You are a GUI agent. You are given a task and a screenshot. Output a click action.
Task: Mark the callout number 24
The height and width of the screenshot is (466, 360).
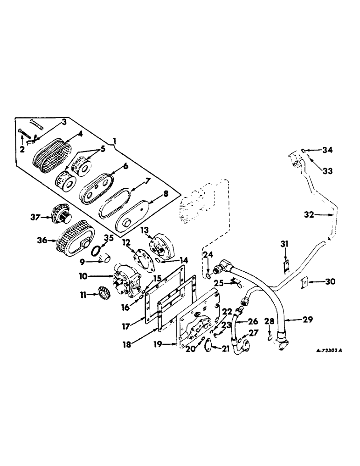208,254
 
